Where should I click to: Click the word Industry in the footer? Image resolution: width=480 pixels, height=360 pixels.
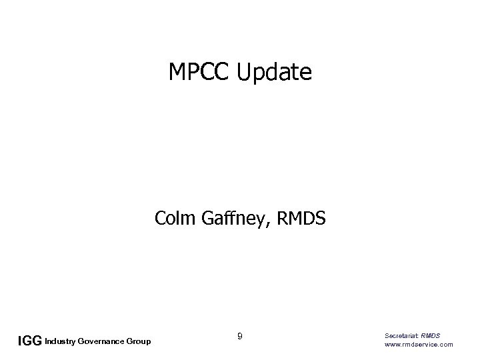(x=60, y=342)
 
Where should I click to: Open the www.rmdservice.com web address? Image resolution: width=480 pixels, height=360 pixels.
(x=419, y=344)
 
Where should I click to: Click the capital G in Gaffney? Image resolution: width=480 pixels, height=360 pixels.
(x=203, y=217)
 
